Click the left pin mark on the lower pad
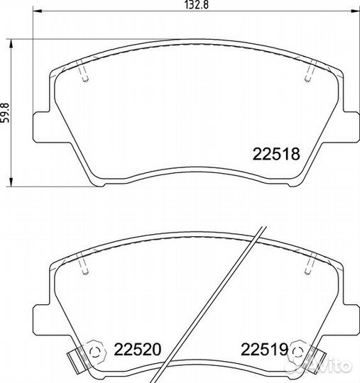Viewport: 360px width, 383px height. click(x=84, y=265)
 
